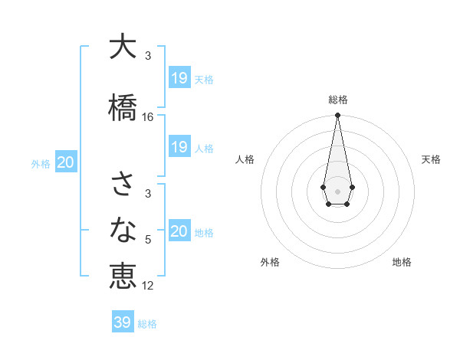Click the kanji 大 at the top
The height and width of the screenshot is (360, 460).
[x=123, y=47]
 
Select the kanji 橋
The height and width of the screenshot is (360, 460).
[x=123, y=106]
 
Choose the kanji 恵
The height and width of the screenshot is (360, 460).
[x=123, y=276]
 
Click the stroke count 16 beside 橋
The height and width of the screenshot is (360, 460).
[x=148, y=117]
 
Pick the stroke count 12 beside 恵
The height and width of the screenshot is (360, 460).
[x=148, y=286]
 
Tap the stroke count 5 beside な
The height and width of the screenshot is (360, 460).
[x=148, y=240]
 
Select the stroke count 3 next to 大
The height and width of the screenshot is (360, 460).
[x=148, y=56]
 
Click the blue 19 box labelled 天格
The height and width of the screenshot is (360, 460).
[x=179, y=78]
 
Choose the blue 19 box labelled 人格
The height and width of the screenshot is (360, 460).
[x=179, y=147]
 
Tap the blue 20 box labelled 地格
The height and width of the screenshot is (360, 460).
[x=179, y=231]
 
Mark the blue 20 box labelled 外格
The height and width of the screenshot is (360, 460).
[x=66, y=162]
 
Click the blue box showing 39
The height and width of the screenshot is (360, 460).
[x=123, y=322]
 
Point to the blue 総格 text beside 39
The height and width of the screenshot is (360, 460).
[x=147, y=324]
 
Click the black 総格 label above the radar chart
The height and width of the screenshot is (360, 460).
[x=337, y=100]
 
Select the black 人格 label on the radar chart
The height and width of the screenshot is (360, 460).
[x=245, y=159]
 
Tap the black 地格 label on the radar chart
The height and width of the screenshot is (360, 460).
[x=402, y=262]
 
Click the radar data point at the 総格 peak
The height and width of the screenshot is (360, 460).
[x=337, y=116]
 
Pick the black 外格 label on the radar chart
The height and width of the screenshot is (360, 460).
[x=270, y=262]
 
